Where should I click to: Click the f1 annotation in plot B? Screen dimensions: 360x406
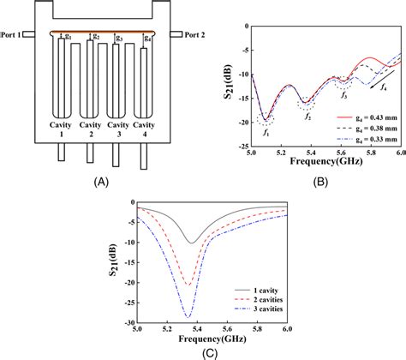[266, 134]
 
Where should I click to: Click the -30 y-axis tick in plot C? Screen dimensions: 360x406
[128, 323]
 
